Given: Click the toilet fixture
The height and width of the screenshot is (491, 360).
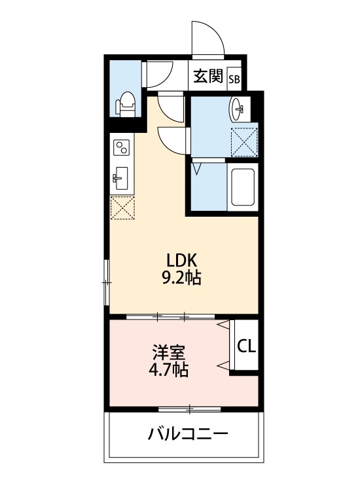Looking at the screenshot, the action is point(126,104).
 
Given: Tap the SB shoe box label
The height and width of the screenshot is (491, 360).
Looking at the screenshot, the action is point(234,79).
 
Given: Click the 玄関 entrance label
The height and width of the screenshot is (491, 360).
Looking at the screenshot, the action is point(208,76).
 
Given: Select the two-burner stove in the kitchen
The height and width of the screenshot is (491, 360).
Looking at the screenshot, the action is point(121,147).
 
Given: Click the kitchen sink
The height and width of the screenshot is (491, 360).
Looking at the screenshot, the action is point(120,178).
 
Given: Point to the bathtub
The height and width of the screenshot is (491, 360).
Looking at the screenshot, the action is point(243,187).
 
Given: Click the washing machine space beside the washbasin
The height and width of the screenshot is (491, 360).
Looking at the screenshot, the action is point(244,141).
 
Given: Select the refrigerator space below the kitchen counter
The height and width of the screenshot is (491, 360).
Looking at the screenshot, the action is point(122,208).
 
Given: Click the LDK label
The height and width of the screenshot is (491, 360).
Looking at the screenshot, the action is point(181,260).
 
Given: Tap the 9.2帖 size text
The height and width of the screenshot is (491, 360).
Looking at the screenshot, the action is point(181,277).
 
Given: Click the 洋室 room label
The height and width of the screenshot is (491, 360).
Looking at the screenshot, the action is point(169,352).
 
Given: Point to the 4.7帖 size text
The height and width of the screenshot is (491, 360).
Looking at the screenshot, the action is point(168,369).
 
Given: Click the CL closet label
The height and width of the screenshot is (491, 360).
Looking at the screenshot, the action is point(246,346).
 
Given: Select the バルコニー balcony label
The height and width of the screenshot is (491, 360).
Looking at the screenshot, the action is point(188,434).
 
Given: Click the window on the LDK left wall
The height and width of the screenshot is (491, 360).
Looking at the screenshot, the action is point(107,282).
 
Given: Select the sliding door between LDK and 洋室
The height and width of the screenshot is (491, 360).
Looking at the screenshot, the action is point(171,317).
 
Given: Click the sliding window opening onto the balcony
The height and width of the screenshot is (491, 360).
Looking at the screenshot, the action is point(190,409).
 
